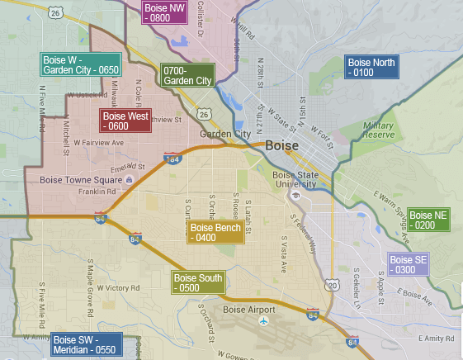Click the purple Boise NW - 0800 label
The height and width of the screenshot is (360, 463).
pos(164,12)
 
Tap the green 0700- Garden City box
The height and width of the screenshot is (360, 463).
pos(188,76)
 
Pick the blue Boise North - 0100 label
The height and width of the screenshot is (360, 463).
pos(371,68)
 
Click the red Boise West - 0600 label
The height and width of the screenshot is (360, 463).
pos(125,121)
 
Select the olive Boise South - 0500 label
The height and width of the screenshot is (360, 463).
pos(198,283)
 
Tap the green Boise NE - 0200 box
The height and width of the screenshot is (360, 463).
pos(428,220)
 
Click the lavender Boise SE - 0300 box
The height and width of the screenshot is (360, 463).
pos(409,264)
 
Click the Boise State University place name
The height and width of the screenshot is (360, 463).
pos(295,179)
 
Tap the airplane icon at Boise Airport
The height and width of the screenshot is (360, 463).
pos(265,321)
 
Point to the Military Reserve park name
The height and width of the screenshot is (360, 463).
pos(378,130)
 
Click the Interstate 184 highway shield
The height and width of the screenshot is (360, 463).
pos(172,158)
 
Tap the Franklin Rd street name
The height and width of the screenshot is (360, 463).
pos(86,192)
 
